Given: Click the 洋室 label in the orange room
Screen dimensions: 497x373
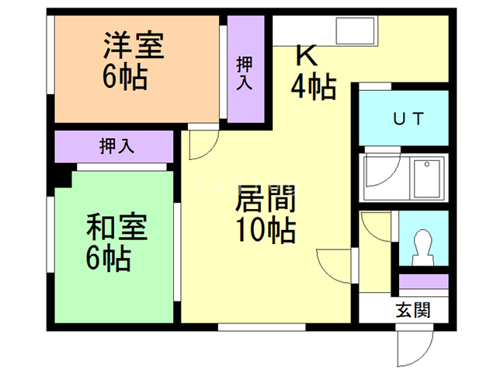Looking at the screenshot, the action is point(134,45).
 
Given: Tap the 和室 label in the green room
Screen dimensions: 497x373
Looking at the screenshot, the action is point(117,226).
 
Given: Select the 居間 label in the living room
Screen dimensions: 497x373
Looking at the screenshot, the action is point(266,199).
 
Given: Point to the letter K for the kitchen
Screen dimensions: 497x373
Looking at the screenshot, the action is point(307,55).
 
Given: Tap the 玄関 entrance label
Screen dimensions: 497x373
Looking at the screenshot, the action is point(413,310).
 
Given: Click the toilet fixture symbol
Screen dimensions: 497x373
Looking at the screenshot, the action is point(422,247).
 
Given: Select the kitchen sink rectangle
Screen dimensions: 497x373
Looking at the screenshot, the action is point(355,31).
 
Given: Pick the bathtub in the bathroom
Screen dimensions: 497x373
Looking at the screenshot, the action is point(426,178).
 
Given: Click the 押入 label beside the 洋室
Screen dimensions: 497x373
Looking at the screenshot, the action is point(245,73).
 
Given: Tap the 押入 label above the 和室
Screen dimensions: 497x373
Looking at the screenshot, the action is point(116,146).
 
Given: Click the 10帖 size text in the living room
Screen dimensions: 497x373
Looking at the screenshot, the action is point(266,230).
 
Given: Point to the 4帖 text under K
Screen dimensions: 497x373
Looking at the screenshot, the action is point(314,86).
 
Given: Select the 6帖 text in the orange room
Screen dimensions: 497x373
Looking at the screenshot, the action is point(125,77).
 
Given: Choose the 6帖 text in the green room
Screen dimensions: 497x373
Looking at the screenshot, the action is point(109,258).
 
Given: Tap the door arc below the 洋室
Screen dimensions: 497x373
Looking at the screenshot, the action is point(209,149).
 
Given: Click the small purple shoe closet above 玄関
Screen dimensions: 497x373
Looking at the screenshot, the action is point(423,281).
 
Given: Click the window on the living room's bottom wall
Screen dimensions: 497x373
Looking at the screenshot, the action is point(262,327).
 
